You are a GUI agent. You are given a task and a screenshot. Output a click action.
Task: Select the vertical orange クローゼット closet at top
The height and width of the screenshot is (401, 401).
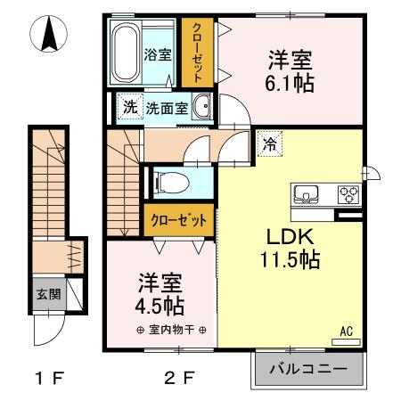(196, 52)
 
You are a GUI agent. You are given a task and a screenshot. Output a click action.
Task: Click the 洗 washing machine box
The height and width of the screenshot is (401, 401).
(130, 108)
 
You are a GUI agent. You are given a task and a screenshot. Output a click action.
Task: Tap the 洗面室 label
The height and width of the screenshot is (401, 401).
(167, 108)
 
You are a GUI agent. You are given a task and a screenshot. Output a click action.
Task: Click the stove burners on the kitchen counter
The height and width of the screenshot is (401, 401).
(348, 192)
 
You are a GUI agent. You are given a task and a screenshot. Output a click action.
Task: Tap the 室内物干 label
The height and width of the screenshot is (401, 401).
(160, 329)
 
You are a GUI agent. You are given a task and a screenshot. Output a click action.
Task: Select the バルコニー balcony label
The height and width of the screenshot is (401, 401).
(309, 368)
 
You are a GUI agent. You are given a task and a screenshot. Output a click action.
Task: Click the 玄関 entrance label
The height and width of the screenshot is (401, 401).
(47, 293)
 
